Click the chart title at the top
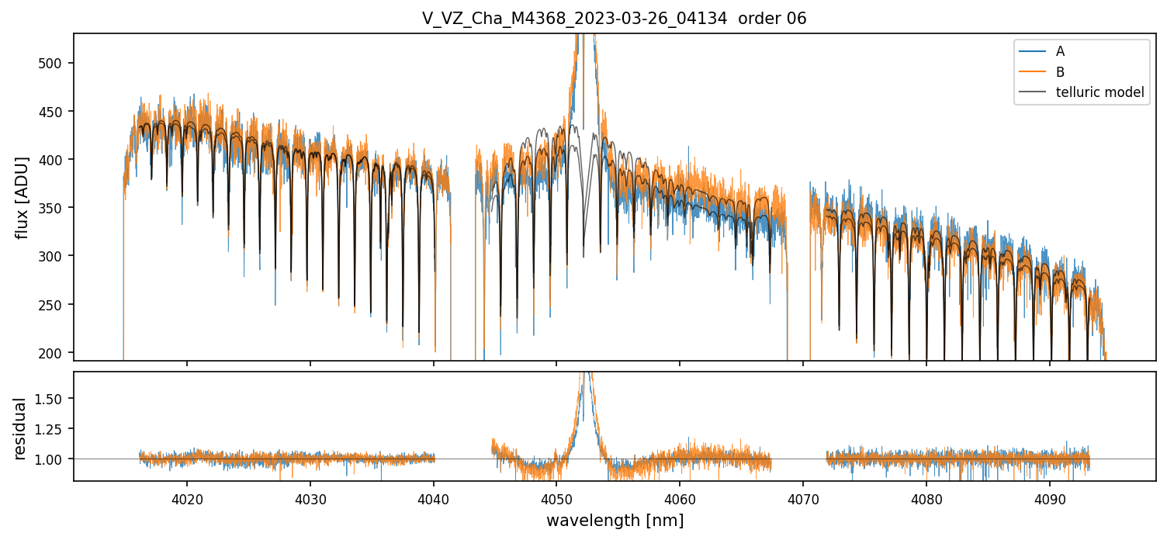point(614,19)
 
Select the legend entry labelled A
point(1060,51)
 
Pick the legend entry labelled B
point(1060,71)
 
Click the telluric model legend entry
point(1099,92)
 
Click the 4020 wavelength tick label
point(187,496)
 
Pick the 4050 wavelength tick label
point(556,496)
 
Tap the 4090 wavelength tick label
point(1049,496)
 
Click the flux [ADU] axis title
point(23,197)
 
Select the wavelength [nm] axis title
point(615,521)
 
